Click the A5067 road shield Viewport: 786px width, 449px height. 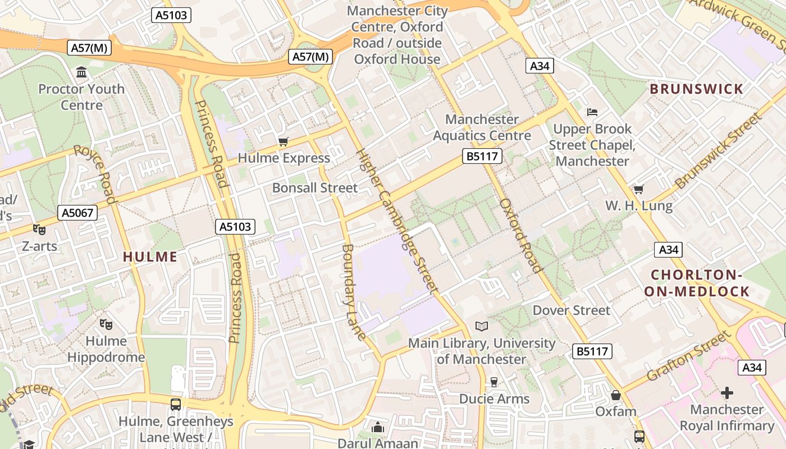(x=77, y=213)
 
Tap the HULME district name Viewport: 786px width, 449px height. (x=150, y=257)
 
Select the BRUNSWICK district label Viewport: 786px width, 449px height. (x=696, y=89)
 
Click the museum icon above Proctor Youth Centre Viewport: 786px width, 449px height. (x=81, y=72)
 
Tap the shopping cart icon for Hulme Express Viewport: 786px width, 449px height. (x=284, y=141)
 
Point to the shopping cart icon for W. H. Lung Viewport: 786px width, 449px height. (x=638, y=189)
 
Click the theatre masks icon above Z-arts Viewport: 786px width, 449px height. (x=39, y=229)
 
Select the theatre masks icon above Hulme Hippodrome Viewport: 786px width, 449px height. (x=106, y=324)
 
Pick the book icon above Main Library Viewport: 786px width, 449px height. (x=481, y=326)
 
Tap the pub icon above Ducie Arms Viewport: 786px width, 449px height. (x=494, y=382)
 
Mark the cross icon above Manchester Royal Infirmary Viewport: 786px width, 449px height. (x=727, y=392)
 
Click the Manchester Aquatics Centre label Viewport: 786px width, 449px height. (x=482, y=127)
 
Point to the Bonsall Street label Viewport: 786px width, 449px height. (x=314, y=188)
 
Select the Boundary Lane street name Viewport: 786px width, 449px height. (x=354, y=292)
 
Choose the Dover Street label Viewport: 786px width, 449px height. (x=571, y=310)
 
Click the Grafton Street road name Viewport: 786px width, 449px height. (x=689, y=356)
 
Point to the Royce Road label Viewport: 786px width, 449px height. (x=95, y=174)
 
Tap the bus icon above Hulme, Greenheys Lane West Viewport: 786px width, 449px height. (x=176, y=404)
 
